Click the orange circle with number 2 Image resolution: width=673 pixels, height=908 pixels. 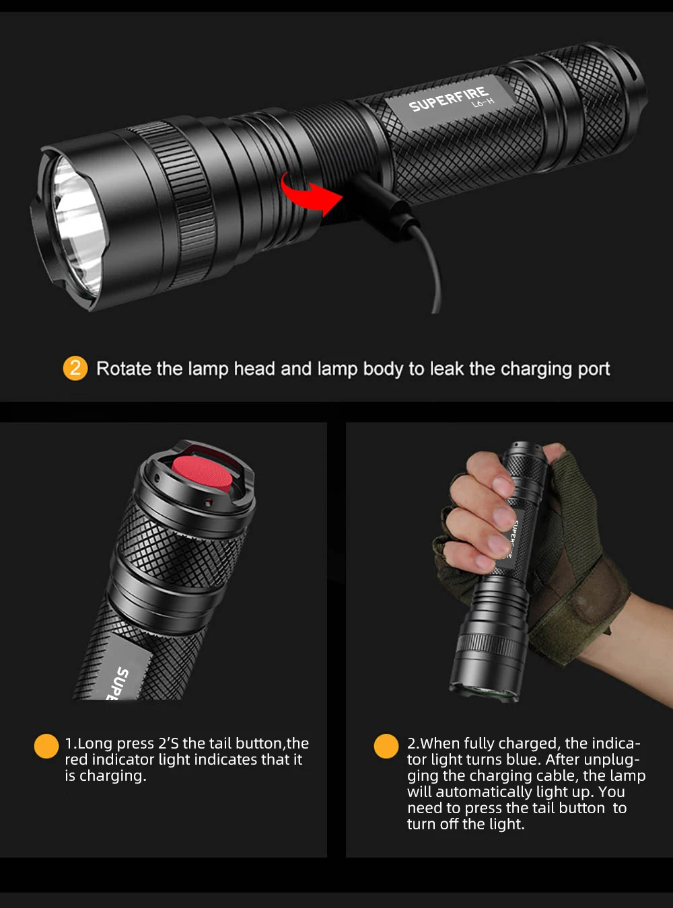coord(75,368)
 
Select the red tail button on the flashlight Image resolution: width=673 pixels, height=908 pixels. coord(202,471)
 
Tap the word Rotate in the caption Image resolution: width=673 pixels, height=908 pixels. coord(124,369)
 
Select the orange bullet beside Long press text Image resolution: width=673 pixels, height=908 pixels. coord(46,746)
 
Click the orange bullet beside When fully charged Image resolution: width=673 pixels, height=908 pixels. coord(386,746)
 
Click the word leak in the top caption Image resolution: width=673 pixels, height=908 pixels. coord(447,369)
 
